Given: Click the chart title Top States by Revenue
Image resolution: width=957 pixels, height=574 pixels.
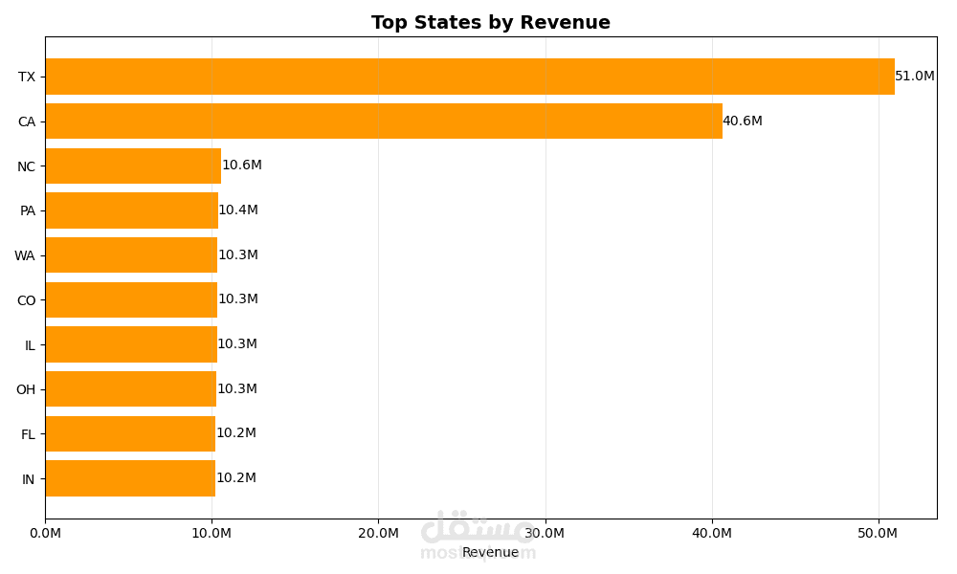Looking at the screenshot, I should click(490, 23).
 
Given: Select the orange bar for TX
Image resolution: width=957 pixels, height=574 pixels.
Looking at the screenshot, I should click(469, 77).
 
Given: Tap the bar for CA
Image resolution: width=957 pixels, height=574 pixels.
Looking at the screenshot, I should click(383, 121).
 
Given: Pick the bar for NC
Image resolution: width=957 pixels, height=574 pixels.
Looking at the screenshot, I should click(133, 166).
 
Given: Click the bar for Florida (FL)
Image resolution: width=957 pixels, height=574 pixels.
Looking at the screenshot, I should click(130, 433).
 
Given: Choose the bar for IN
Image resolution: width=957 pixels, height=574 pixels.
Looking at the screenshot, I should click(130, 478).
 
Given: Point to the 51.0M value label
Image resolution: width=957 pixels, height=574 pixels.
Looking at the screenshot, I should click(915, 77).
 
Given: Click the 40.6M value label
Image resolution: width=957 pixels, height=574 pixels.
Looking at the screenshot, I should click(743, 121).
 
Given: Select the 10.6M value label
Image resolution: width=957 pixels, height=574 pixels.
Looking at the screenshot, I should click(242, 166).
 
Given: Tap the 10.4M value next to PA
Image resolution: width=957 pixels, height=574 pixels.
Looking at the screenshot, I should click(238, 210).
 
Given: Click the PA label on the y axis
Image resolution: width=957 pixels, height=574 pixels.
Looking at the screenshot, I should click(28, 210).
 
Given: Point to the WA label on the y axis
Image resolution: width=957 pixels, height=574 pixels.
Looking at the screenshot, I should click(25, 255).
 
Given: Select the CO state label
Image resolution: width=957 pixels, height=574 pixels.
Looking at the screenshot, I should click(26, 300).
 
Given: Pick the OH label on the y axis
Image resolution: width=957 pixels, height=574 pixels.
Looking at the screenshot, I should click(26, 389).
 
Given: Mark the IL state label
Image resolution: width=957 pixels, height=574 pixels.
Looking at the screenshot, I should click(30, 345).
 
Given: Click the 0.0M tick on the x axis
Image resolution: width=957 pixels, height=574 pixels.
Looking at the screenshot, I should click(45, 533).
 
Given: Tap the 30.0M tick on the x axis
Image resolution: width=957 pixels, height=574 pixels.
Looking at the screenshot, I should click(545, 533).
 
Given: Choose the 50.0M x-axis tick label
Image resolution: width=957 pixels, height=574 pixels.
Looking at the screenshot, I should click(879, 533).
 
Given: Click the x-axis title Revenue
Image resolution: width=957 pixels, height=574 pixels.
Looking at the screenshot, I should click(490, 552).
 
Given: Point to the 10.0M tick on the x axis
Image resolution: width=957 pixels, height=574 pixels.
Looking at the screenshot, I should click(211, 533).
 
